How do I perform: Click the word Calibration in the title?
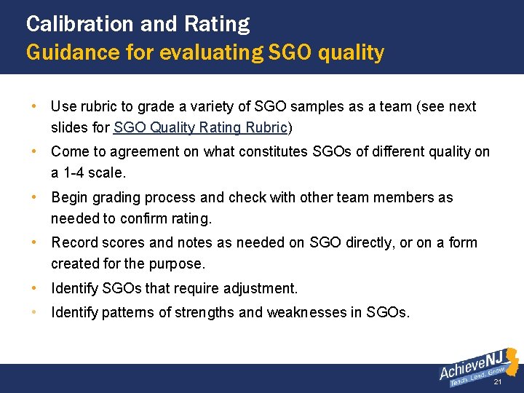click(79, 24)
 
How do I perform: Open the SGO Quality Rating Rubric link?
click(200, 128)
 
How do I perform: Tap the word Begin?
click(70, 197)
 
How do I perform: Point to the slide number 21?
click(498, 382)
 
